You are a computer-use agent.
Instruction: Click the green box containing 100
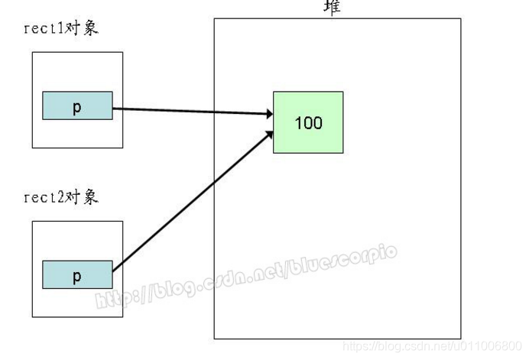[x=308, y=122]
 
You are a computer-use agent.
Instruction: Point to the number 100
[x=308, y=123]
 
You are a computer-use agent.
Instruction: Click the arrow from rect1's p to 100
[x=191, y=112]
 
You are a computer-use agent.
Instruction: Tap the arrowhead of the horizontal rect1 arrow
[x=268, y=115]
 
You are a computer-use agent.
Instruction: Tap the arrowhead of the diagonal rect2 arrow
[x=268, y=135]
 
